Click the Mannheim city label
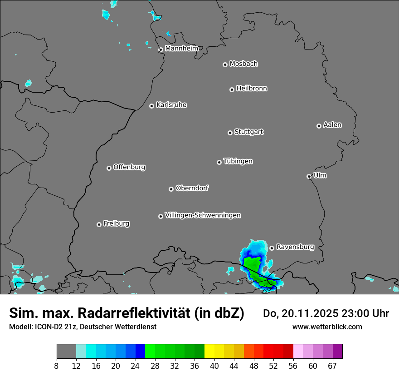(181, 48)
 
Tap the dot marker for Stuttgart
(230, 133)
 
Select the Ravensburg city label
(295, 247)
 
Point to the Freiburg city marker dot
(99, 224)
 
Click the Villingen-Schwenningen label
(203, 215)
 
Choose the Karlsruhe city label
(171, 105)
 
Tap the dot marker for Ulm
(309, 176)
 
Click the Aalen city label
(332, 125)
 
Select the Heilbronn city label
(252, 89)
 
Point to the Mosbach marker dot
(225, 64)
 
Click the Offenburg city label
(129, 167)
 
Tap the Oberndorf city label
(192, 188)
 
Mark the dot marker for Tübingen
(219, 162)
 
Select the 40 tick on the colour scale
(214, 366)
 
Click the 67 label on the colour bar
(332, 366)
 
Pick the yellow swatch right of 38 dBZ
(209, 352)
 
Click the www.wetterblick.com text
(327, 327)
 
